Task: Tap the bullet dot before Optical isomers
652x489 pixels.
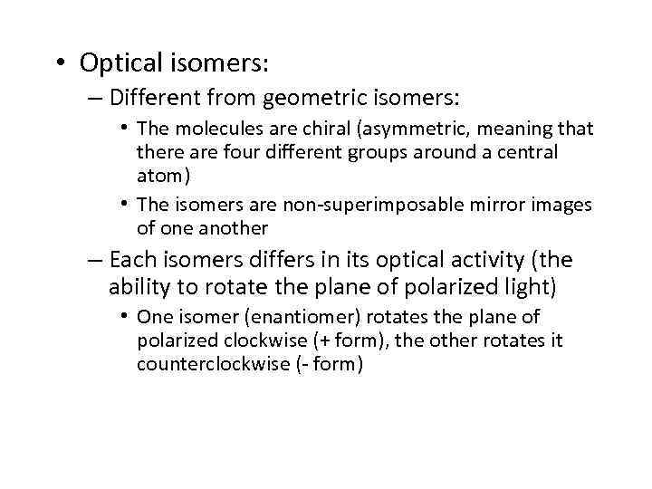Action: pyautogui.click(x=59, y=63)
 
